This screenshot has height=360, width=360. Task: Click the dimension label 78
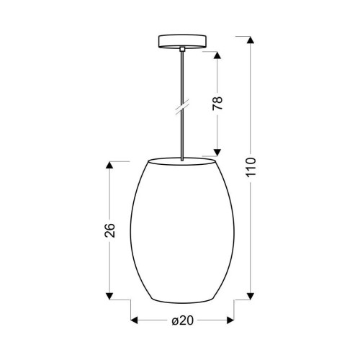[x=217, y=104]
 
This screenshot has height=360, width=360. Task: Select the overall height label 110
[x=251, y=168]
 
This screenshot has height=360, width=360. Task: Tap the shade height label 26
[x=110, y=230]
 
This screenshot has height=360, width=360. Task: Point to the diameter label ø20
[x=182, y=320]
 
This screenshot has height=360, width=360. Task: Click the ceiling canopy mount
[x=182, y=42]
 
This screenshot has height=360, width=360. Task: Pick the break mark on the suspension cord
[x=182, y=107]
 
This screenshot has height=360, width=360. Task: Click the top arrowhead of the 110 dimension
[x=251, y=40]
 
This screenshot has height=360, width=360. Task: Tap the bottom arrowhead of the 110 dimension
[x=251, y=296]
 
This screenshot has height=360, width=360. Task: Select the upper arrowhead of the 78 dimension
[x=217, y=55]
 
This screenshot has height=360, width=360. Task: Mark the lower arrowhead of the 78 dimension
[x=217, y=153]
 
